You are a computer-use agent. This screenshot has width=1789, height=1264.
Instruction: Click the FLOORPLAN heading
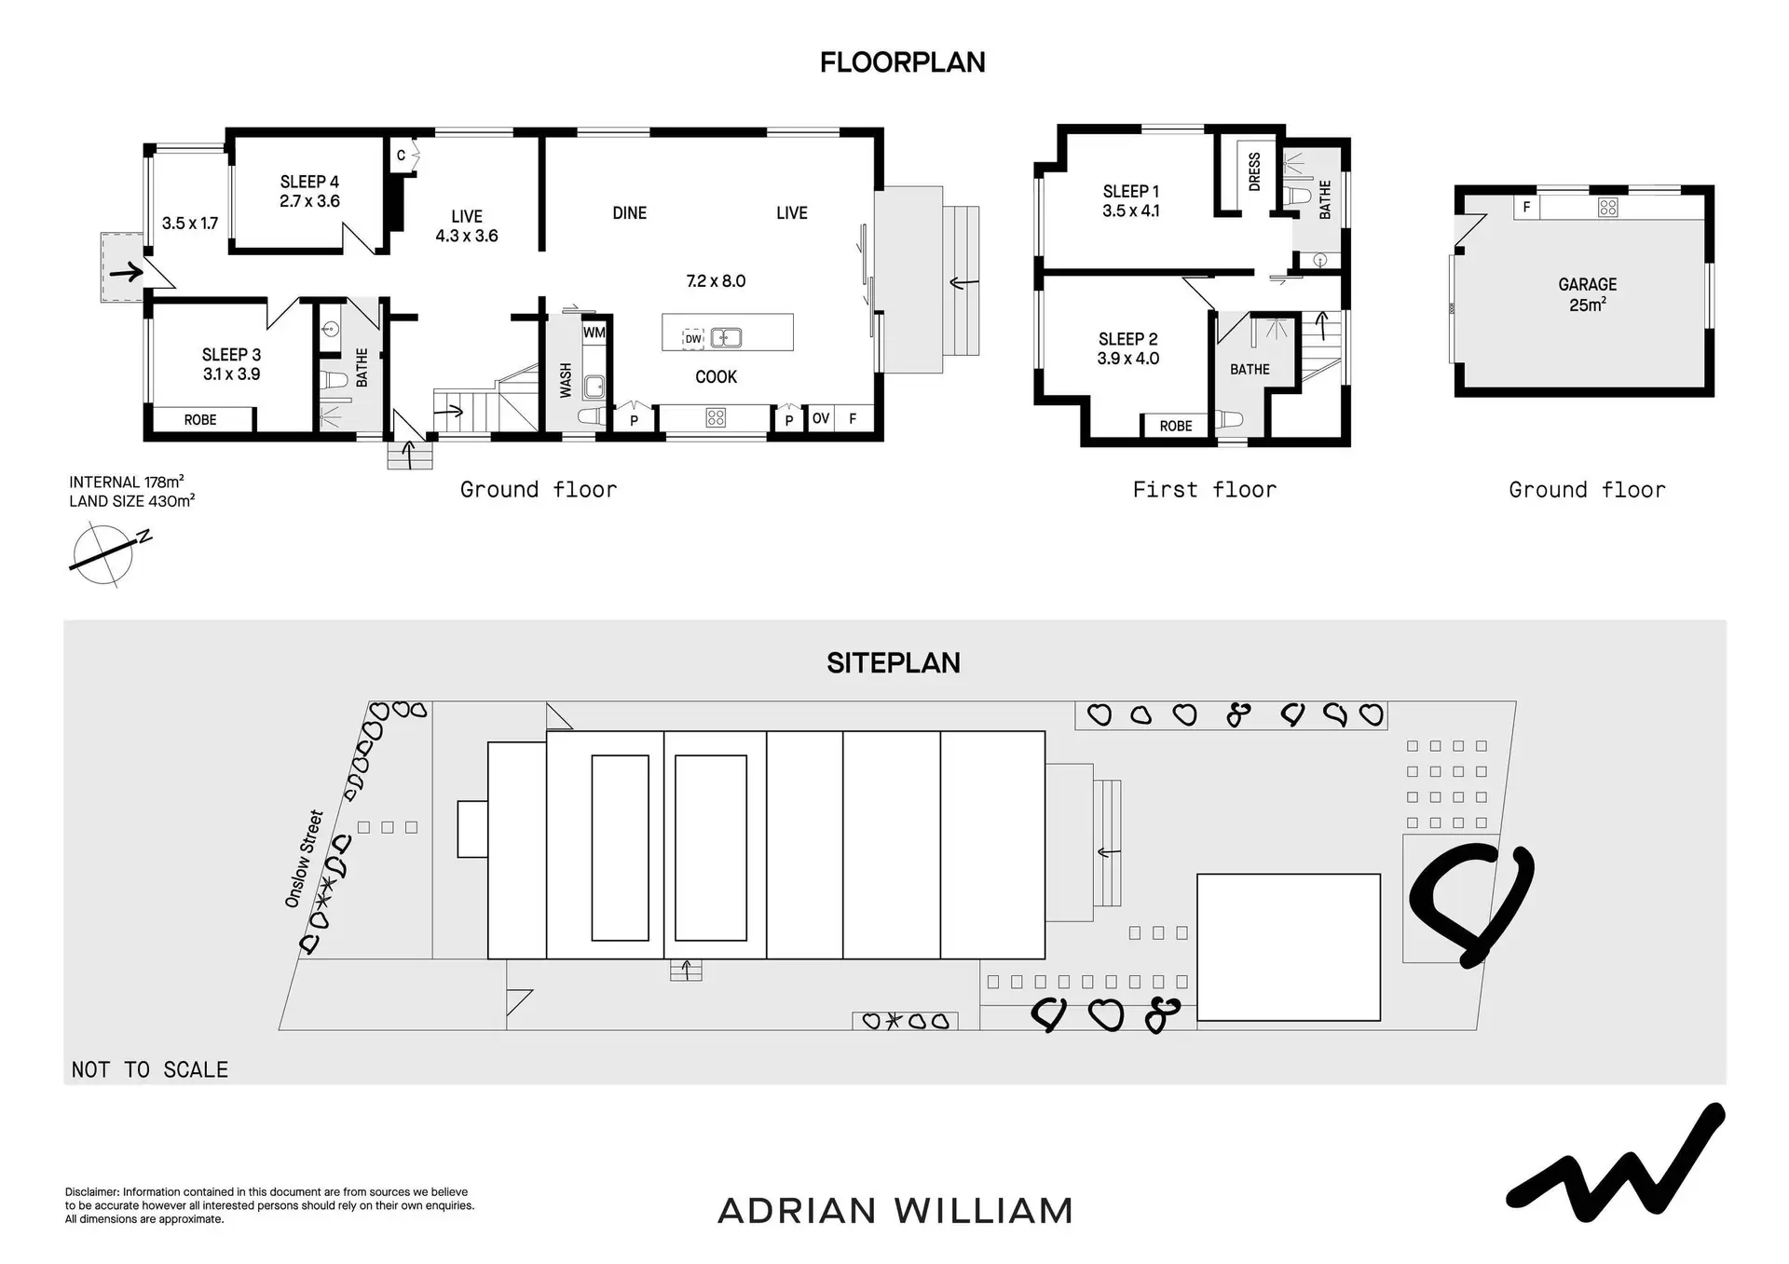coord(902,62)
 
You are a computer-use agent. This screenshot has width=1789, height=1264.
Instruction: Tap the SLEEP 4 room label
coord(309,192)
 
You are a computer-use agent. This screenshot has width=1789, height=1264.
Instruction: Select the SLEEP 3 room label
coord(231,364)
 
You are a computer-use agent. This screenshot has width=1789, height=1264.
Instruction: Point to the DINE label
coord(629,213)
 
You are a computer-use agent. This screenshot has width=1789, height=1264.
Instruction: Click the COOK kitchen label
coord(716,377)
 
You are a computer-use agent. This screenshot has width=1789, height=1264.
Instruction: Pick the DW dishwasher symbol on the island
coord(692,339)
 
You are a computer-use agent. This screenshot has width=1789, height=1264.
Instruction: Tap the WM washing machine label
coord(594,333)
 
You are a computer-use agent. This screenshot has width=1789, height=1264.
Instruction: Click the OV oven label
coord(820,419)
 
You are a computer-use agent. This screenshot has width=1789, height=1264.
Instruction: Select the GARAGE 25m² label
coord(1587,294)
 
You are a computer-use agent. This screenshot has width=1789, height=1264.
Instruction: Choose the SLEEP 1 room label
coord(1130,201)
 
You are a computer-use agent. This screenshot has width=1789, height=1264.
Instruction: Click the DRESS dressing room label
coord(1254,172)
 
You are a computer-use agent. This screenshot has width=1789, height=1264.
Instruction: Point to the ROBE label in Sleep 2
coord(1176,427)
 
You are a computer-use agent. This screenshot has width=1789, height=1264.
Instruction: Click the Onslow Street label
coord(304,859)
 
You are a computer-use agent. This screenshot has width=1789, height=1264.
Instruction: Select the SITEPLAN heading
coord(893,663)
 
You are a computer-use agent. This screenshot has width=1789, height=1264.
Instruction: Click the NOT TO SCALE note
coord(150,1070)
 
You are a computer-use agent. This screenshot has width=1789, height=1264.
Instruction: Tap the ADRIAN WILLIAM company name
coord(895,1211)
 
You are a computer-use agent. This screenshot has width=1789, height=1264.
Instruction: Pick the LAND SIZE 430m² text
coord(131,501)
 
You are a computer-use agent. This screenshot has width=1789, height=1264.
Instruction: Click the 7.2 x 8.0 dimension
coord(716,281)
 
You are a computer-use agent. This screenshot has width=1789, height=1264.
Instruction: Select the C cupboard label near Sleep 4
coord(401,156)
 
